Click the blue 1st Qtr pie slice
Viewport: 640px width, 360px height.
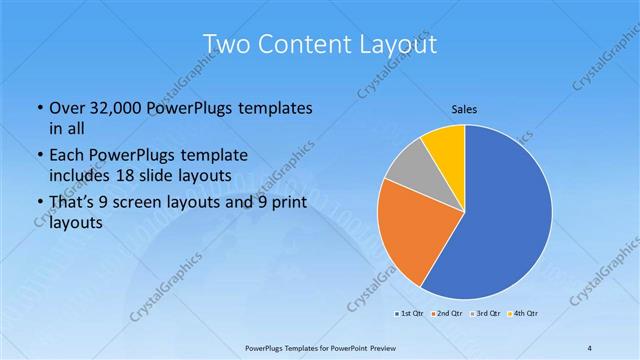500,220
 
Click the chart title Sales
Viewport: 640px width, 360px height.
464,109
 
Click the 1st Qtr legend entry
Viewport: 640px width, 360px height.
408,314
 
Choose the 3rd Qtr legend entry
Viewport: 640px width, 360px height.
485,314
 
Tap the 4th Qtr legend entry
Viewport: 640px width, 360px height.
524,314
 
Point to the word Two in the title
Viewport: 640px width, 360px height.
225,44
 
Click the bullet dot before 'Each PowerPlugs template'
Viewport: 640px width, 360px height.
39,156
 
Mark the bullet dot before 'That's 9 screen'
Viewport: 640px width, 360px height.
39,203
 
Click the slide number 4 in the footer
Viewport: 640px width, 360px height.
590,348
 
